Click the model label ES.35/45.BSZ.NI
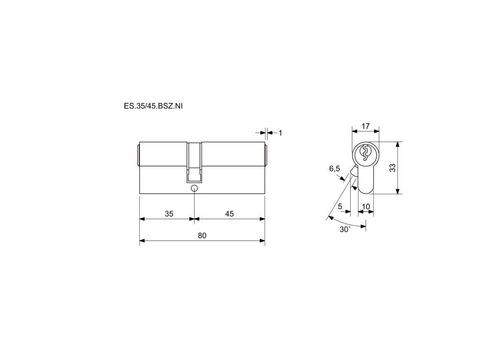[x=153, y=106]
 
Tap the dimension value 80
[x=202, y=235]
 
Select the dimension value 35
[x=169, y=214]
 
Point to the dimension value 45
[x=229, y=214]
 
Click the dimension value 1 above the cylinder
[x=280, y=133]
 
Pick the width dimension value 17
[x=366, y=126]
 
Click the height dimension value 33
[x=392, y=168]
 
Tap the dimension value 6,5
[x=334, y=168]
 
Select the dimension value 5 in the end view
[x=340, y=207]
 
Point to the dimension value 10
[x=366, y=207]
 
